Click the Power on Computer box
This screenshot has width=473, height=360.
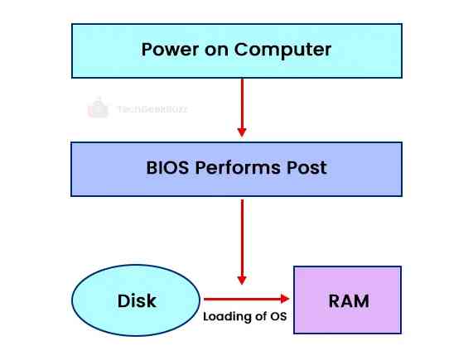click(x=236, y=50)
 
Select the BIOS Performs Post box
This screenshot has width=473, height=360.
click(x=236, y=168)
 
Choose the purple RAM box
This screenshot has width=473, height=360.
click(x=348, y=300)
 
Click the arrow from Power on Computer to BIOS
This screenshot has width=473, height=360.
click(x=242, y=108)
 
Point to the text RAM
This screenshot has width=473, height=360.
click(x=348, y=300)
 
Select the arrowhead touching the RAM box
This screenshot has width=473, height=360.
click(x=283, y=300)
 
